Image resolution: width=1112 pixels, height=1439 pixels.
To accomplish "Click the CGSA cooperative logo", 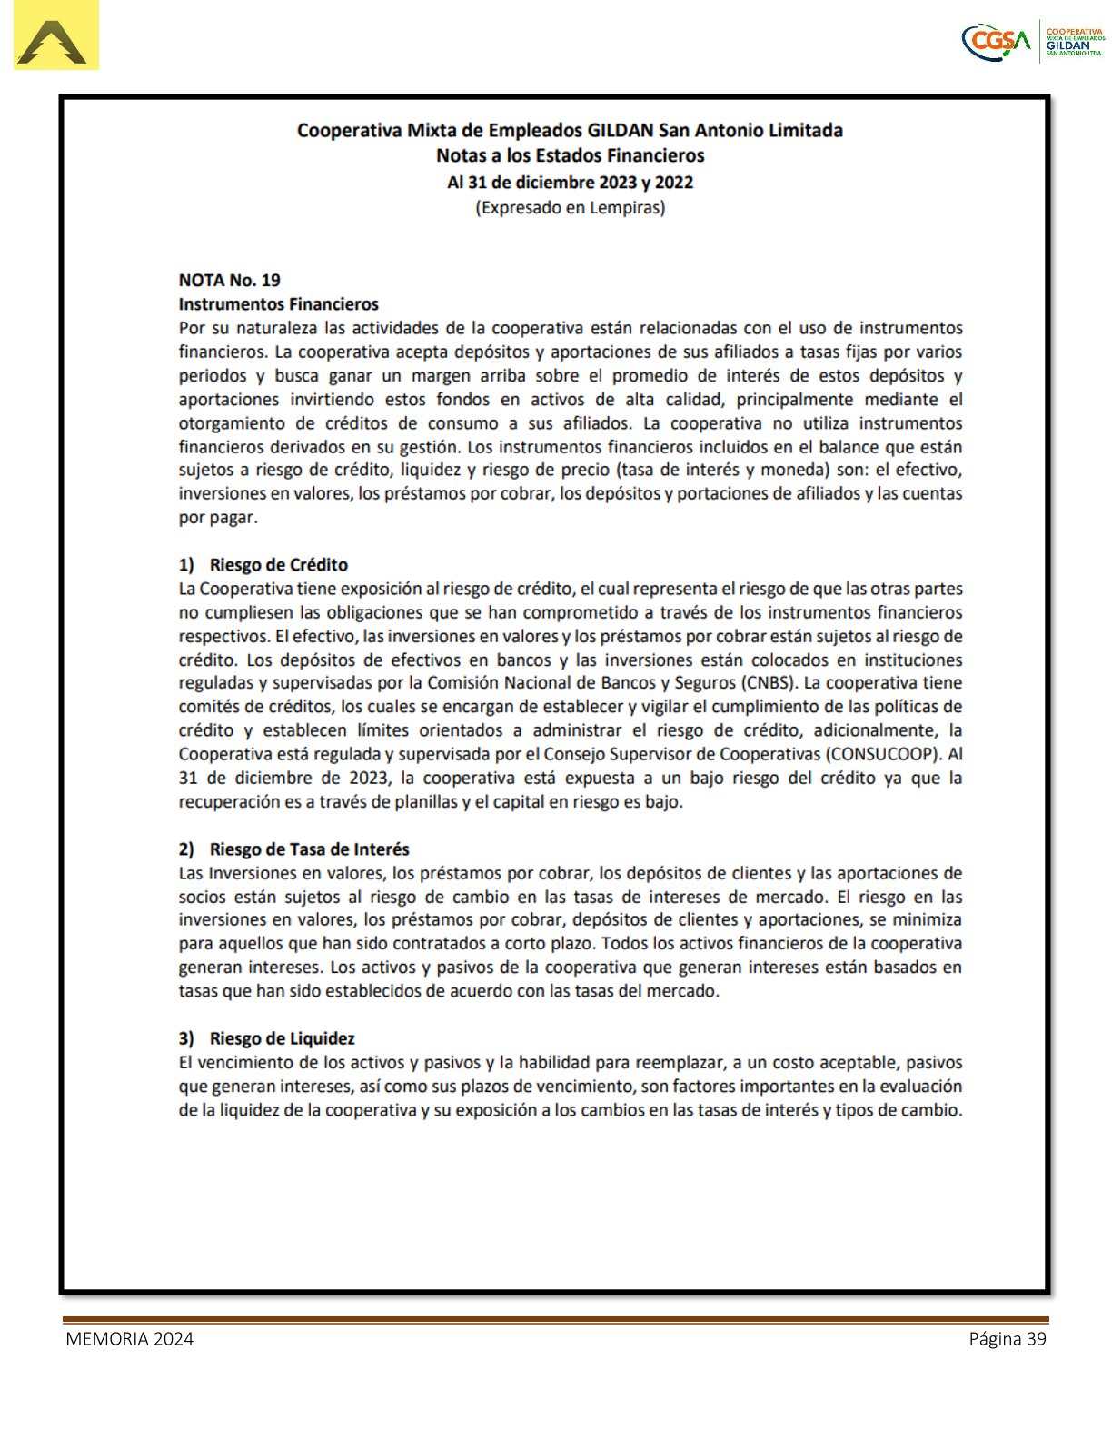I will (1032, 41).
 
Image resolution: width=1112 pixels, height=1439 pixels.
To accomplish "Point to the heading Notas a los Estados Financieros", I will (570, 155).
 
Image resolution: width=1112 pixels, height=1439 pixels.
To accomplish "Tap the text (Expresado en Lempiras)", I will (570, 207).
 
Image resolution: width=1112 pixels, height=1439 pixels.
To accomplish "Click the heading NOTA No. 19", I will (229, 280).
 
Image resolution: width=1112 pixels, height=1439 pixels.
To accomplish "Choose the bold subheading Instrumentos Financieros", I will (278, 303).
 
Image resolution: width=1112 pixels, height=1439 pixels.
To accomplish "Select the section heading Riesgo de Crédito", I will (278, 564).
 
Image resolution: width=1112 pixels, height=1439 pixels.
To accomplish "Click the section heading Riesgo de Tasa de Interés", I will (309, 849).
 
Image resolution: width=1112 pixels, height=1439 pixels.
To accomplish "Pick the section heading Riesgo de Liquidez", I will (282, 1037).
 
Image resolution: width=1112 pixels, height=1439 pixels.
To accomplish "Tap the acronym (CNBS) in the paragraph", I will (768, 682).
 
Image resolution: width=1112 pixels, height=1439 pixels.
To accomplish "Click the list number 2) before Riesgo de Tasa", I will (186, 849).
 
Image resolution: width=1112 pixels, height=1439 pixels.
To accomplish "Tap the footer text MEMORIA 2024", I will (129, 1338).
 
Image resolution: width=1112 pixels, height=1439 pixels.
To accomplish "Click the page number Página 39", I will (1007, 1338).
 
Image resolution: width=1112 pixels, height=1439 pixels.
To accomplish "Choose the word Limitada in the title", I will (806, 130).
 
